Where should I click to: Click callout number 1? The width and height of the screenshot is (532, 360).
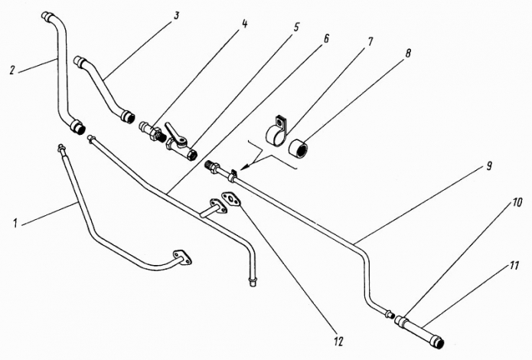pyautogui.click(x=15, y=224)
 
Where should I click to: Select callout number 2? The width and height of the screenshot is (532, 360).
pyautogui.click(x=12, y=70)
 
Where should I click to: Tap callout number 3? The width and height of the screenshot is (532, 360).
pyautogui.click(x=176, y=15)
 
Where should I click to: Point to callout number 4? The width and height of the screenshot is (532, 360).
pyautogui.click(x=245, y=24)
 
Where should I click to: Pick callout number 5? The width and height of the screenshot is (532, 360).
pyautogui.click(x=296, y=28)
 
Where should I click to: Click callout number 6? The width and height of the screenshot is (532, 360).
pyautogui.click(x=325, y=39)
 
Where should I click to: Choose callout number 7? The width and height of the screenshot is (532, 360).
pyautogui.click(x=370, y=42)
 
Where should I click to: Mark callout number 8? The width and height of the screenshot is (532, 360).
pyautogui.click(x=408, y=54)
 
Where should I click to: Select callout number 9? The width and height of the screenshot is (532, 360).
pyautogui.click(x=489, y=166)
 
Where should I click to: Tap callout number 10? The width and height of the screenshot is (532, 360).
pyautogui.click(x=517, y=204)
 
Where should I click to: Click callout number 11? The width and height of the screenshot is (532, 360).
pyautogui.click(x=514, y=265)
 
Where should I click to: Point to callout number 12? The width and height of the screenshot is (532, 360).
pyautogui.click(x=338, y=341)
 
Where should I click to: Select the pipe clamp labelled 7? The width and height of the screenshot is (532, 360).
pyautogui.click(x=276, y=131)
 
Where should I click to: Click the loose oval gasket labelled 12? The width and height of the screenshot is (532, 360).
pyautogui.click(x=231, y=199)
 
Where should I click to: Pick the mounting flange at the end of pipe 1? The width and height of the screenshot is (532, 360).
pyautogui.click(x=182, y=257)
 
